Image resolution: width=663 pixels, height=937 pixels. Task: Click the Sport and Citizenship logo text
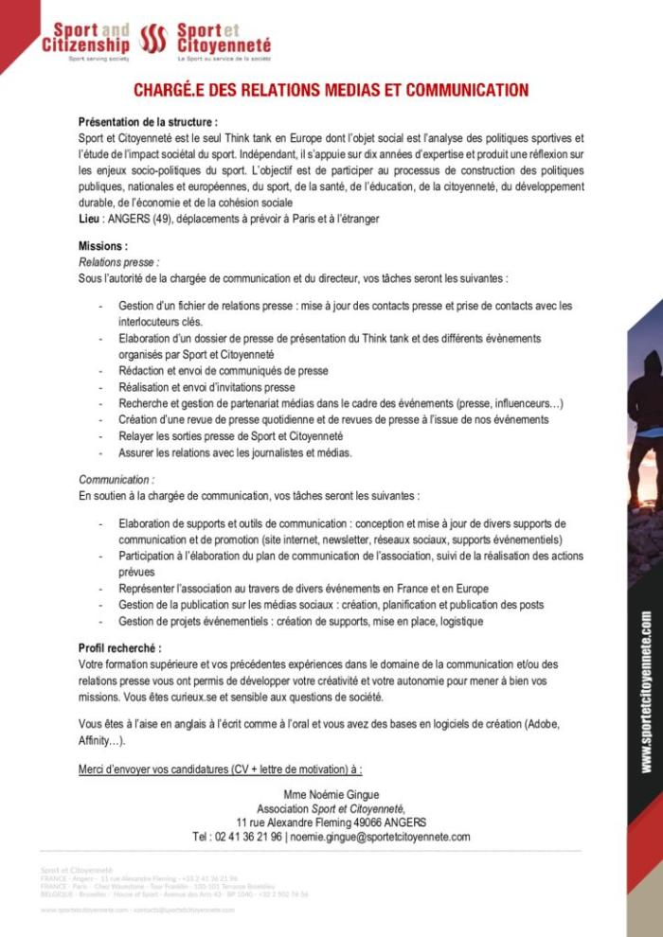86,38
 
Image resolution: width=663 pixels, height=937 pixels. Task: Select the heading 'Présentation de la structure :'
148,122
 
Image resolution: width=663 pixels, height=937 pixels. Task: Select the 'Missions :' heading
103,246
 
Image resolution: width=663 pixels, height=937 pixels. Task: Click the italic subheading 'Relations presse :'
118,262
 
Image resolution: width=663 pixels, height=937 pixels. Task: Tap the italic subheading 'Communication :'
116,480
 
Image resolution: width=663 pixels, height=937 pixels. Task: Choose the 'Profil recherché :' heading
119,648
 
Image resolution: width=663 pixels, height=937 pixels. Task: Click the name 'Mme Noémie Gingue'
331,794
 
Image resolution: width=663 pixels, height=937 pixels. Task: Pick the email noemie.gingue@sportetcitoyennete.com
380,837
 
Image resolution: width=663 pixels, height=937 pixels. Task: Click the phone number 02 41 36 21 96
237,837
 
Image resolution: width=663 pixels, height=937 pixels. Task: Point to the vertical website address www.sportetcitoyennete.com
646,691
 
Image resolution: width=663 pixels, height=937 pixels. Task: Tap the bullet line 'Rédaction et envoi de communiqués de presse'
224,371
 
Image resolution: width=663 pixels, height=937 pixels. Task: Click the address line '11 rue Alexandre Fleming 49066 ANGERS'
331,822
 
